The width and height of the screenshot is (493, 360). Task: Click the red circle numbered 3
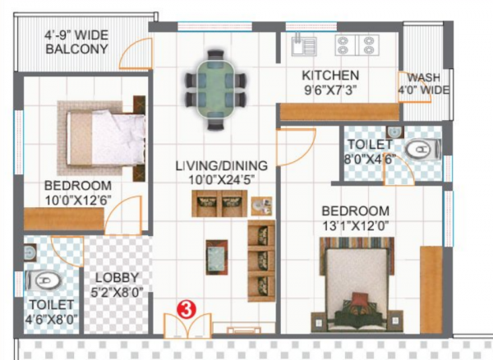(187, 310)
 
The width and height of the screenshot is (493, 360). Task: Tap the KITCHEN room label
(329, 74)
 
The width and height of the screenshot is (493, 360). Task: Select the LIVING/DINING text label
(221, 164)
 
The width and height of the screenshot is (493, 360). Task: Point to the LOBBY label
(116, 277)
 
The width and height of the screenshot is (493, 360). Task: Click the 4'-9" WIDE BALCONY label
(76, 42)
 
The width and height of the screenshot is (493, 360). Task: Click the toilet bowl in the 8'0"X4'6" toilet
(424, 148)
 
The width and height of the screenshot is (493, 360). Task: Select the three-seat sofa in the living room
(261, 259)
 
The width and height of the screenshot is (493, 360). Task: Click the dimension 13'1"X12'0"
(355, 225)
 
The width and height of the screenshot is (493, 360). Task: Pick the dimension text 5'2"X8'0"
(116, 291)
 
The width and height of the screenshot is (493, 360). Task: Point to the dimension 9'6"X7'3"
(329, 89)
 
